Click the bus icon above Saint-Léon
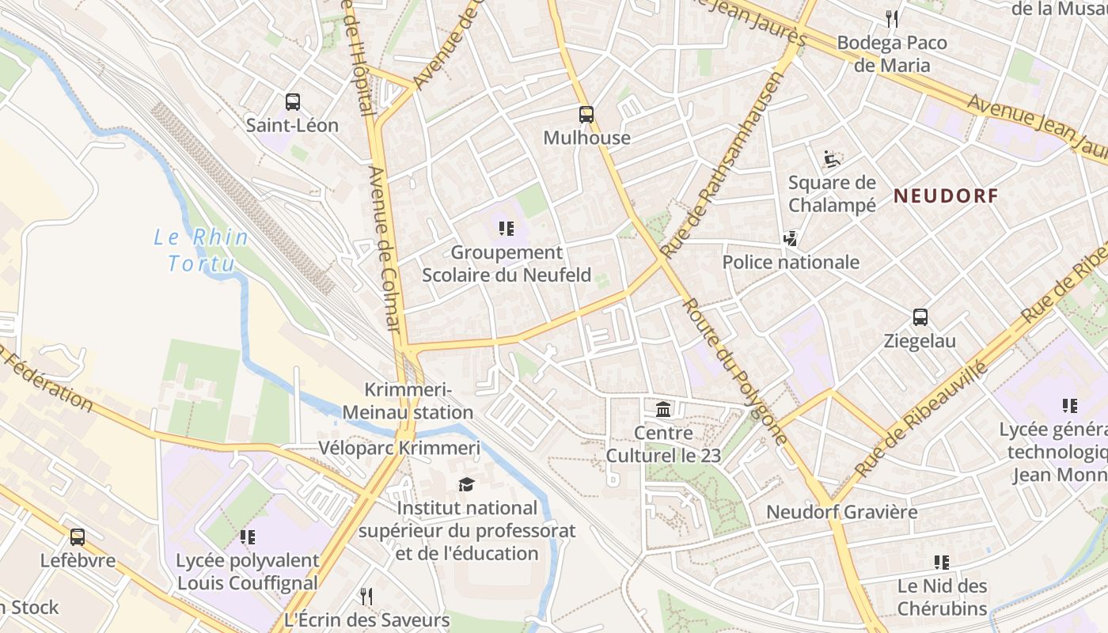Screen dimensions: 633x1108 293,102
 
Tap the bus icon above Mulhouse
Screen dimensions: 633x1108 586,115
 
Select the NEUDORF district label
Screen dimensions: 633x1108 946,196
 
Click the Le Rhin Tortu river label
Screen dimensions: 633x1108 201,250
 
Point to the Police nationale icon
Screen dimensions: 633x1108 790,238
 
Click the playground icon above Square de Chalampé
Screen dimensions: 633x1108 831,160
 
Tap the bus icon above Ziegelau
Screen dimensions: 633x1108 920,317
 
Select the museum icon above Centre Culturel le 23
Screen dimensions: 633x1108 663,410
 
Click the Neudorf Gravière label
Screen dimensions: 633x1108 841,512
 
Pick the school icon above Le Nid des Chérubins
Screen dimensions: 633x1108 941,563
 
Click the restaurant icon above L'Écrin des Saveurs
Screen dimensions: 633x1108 366,596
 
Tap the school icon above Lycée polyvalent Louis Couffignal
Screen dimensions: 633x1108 247,537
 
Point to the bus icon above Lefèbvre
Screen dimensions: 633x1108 78,537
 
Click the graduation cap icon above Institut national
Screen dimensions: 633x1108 467,484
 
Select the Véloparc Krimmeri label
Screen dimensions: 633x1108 399,448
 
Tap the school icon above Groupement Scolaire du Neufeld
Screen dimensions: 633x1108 506,229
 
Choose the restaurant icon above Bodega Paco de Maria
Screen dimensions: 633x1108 892,19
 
